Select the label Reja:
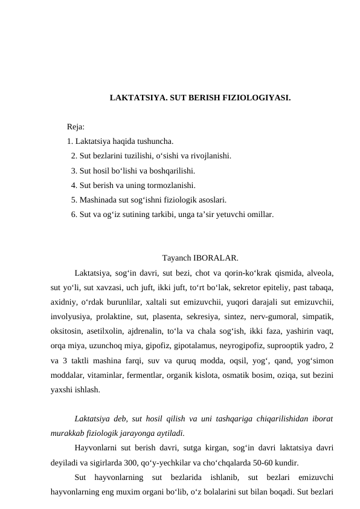point(76,127)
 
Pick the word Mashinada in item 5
point(97,200)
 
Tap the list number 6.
point(73,215)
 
